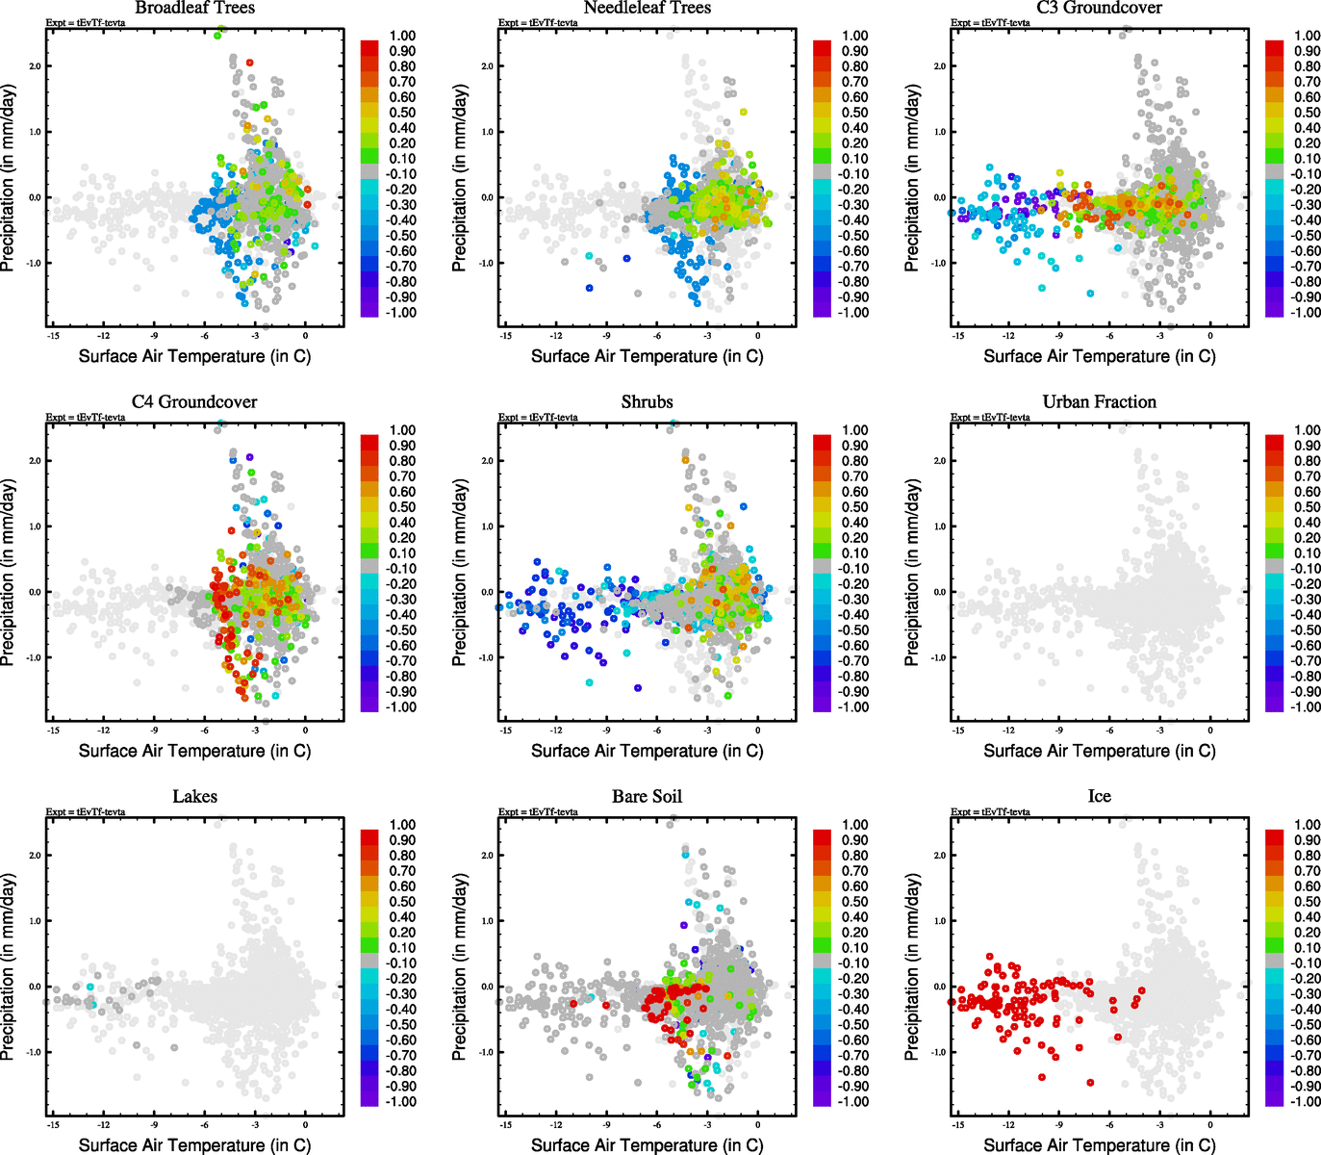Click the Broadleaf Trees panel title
[194, 8]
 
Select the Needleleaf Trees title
[647, 8]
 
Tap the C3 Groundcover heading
[1099, 8]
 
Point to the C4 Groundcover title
[194, 401]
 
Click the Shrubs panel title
[647, 401]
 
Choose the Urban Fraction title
[1099, 401]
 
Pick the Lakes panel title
[194, 796]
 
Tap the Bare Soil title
[647, 796]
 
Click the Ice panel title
[1099, 796]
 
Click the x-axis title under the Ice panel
[1099, 1144]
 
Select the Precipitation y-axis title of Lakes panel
[9, 967]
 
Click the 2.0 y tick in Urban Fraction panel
[939, 461]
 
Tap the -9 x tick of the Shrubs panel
[606, 731]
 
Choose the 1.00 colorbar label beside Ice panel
[1308, 825]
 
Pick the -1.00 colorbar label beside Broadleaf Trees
[401, 313]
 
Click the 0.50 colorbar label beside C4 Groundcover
[402, 507]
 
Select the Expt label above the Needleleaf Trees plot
[538, 23]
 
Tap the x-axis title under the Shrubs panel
[647, 750]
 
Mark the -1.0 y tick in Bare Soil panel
[487, 1052]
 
